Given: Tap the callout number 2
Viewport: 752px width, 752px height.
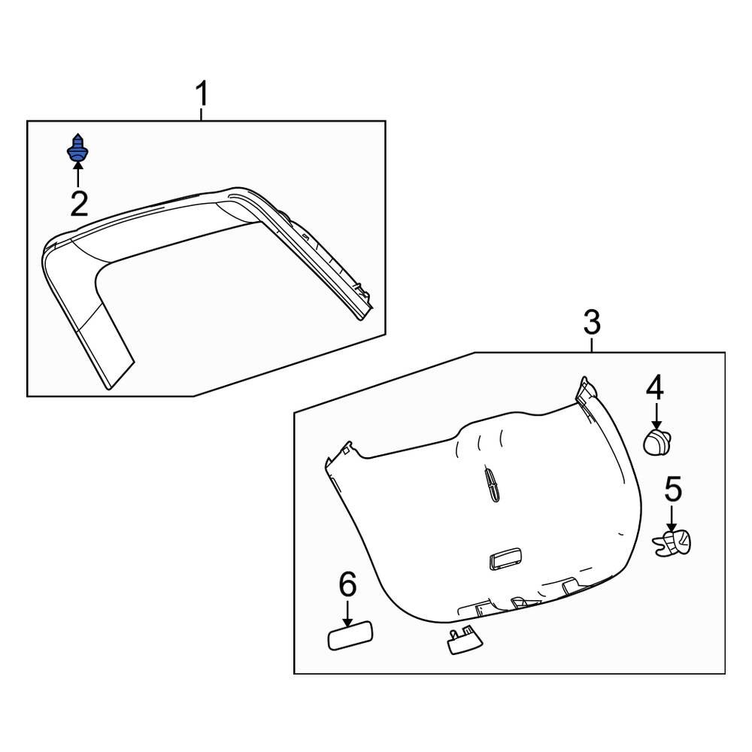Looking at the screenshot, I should (x=78, y=203).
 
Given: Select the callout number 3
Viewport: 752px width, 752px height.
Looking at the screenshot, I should (x=592, y=323).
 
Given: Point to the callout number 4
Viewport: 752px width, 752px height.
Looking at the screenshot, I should (x=655, y=388).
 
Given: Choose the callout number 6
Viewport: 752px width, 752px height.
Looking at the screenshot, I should (x=347, y=584).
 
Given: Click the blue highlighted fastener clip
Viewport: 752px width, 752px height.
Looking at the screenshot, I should (x=77, y=149).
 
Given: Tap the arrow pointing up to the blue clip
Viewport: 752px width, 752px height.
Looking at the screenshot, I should (x=77, y=174).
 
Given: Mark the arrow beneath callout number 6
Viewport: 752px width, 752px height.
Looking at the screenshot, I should (x=347, y=613).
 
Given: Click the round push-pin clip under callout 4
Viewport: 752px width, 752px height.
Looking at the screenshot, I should (x=657, y=441).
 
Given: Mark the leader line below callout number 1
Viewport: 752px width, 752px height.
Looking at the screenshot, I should (x=202, y=114).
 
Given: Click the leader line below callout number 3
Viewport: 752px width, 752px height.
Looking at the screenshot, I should (x=593, y=344).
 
